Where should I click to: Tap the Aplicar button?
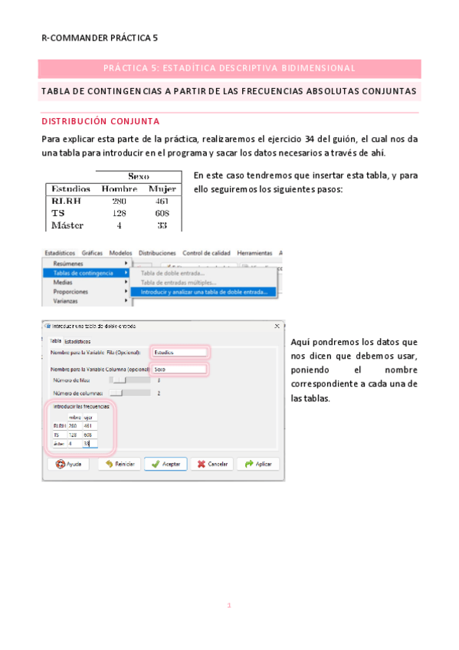click(x=257, y=464)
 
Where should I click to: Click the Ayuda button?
click(x=68, y=464)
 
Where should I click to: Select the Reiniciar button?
click(x=116, y=464)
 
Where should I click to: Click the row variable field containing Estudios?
click(x=179, y=352)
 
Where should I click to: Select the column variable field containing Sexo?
click(x=179, y=369)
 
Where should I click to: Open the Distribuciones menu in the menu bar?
click(x=157, y=253)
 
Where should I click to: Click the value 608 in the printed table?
click(x=161, y=213)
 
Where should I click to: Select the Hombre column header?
click(x=119, y=189)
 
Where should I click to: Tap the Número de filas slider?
click(x=118, y=380)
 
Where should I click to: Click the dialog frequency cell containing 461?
click(x=88, y=425)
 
